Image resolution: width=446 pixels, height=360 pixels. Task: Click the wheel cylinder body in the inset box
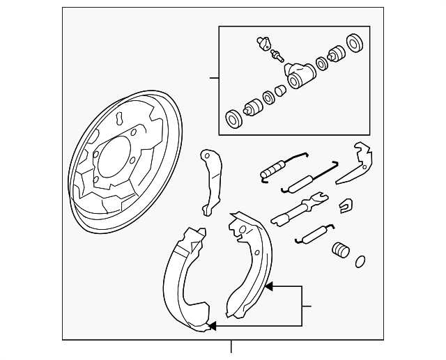296,75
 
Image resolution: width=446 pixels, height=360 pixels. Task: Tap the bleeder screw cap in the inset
263,42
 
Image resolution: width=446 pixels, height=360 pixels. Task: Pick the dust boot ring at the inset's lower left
234,118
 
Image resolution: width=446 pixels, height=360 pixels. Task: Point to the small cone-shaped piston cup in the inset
280,91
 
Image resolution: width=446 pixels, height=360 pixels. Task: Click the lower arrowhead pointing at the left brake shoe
213,325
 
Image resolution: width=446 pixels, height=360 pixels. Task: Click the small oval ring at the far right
360,261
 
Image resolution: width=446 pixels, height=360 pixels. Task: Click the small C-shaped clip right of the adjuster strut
344,205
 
